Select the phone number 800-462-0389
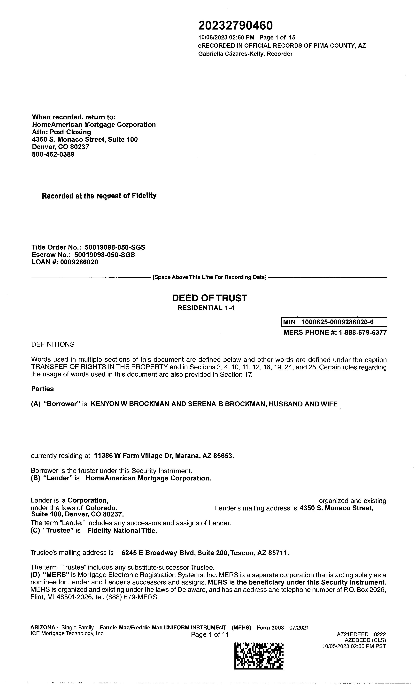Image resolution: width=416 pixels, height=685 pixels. pos(53,155)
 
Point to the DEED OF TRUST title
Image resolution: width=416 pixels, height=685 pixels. pos(209,298)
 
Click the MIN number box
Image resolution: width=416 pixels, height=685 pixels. pos(334,322)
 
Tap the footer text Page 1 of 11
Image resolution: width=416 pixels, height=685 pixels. pos(210,634)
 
